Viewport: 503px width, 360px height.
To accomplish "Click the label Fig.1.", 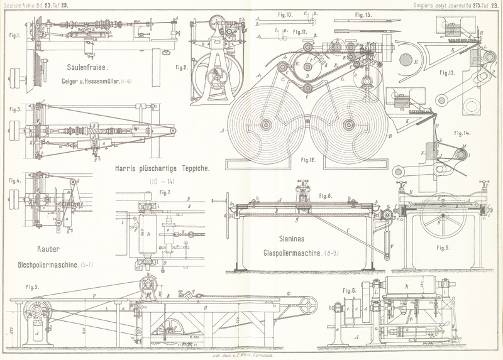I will (14, 36).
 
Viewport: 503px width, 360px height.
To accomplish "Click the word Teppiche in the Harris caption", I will (189, 169).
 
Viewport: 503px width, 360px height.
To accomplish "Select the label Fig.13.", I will (466, 73).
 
